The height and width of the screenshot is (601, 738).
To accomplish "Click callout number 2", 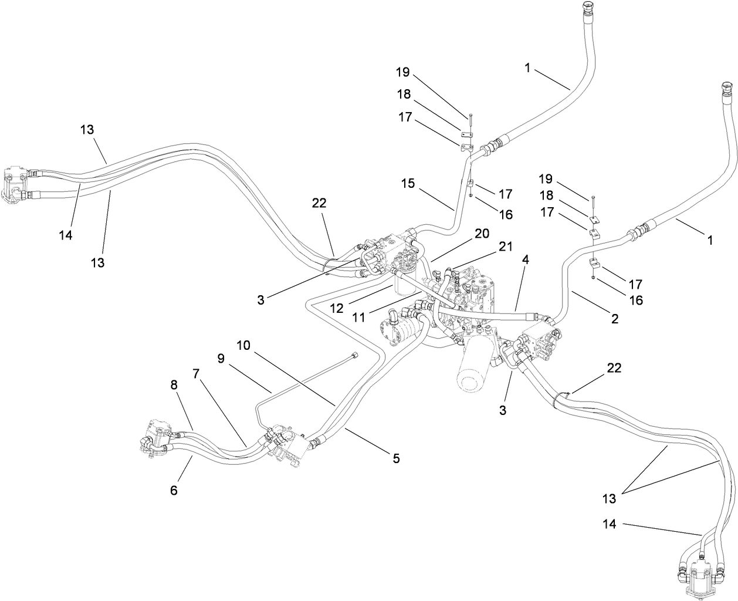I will (x=614, y=319).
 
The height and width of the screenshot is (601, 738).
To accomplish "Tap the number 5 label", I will (x=396, y=458).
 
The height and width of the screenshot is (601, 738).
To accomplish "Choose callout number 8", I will (x=174, y=386).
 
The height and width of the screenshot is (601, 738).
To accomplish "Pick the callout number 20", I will (x=481, y=234).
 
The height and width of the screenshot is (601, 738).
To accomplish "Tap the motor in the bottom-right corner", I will (x=702, y=576).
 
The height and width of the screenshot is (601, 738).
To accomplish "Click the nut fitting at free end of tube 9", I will (x=354, y=353).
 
